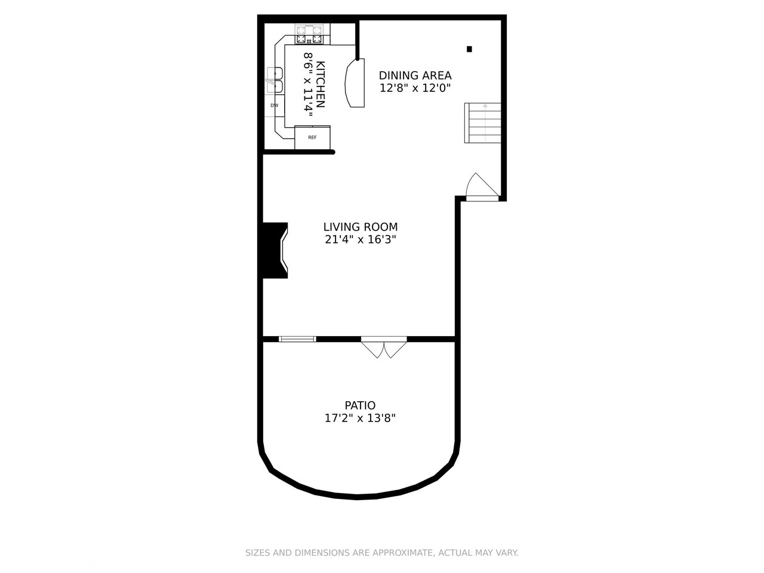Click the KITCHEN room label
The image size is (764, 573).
321,84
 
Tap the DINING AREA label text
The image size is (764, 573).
415,76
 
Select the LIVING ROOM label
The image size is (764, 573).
360,227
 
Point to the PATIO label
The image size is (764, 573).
360,406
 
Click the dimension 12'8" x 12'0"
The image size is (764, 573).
415,88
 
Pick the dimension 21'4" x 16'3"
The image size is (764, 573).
360,239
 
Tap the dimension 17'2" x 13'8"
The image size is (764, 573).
360,418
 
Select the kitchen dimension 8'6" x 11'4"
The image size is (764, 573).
308,84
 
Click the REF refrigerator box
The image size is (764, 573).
312,138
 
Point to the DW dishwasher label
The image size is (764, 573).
275,106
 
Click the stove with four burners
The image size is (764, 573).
310,35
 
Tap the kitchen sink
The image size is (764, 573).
275,81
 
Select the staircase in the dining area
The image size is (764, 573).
483,123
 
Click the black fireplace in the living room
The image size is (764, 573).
275,250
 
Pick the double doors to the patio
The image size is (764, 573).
384,347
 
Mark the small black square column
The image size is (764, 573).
470,49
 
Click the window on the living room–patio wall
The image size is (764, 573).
297,339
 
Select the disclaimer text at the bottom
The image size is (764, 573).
382,553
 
